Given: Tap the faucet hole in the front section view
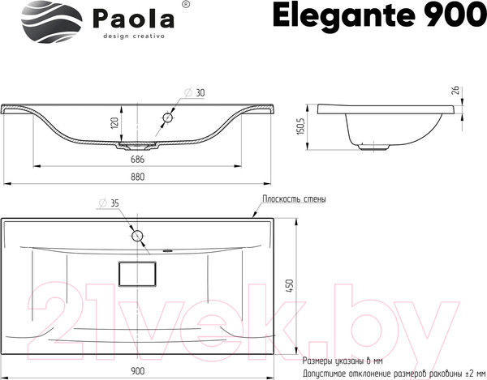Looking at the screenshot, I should coord(167,117).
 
